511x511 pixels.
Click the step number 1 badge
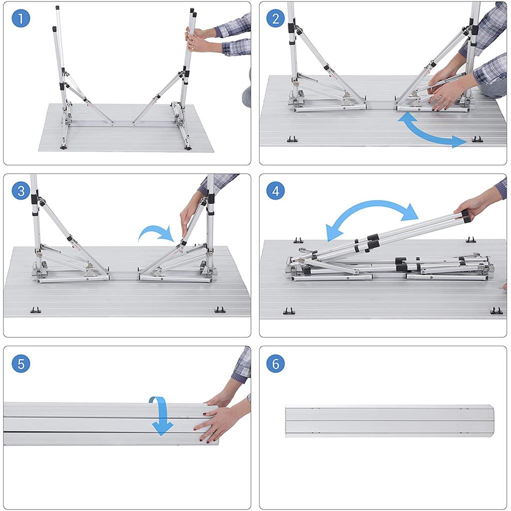[21, 18]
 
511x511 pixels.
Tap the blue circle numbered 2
[275, 18]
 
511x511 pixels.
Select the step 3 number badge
[21, 191]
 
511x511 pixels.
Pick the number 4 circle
[275, 191]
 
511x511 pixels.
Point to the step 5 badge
[21, 363]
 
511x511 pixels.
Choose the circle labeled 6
[275, 363]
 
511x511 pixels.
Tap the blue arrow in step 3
[156, 230]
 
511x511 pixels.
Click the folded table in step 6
[390, 421]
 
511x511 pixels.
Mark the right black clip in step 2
[477, 139]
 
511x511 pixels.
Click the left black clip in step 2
[292, 139]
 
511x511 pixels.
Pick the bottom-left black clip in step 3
[35, 310]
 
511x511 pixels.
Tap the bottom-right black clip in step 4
[496, 310]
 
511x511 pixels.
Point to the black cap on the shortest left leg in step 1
[54, 29]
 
